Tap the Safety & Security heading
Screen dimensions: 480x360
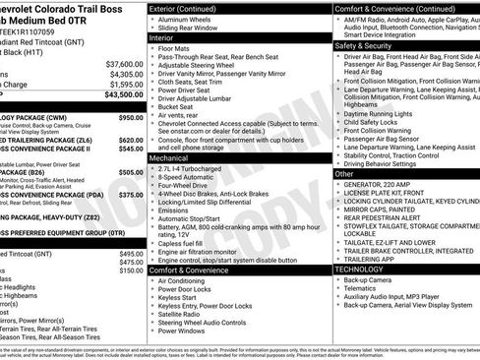[363, 45]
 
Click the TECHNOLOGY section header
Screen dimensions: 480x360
[359, 268]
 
